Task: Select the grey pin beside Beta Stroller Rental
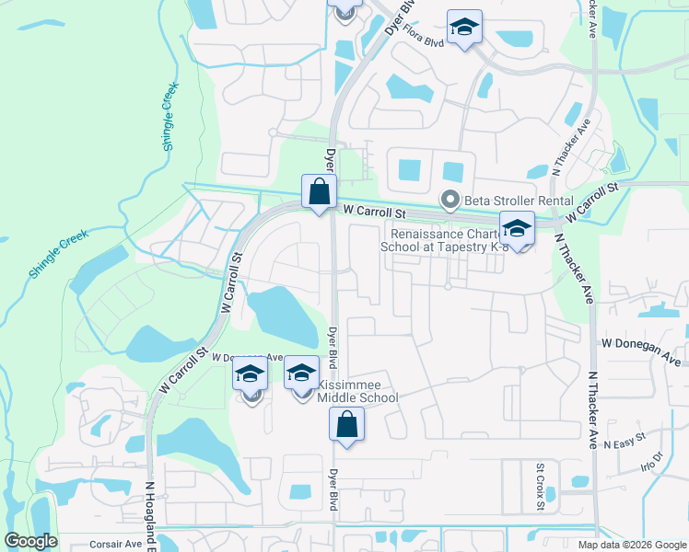pyautogui.click(x=450, y=199)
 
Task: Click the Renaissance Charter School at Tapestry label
pyautogui.click(x=445, y=240)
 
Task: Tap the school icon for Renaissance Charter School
pyautogui.click(x=517, y=229)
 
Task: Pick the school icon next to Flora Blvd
pyautogui.click(x=465, y=28)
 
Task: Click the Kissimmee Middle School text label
pyautogui.click(x=357, y=391)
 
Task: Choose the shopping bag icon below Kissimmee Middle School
pyautogui.click(x=346, y=425)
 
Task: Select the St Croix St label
pyautogui.click(x=541, y=488)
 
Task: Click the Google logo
pyautogui.click(x=30, y=542)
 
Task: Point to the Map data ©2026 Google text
pyautogui.click(x=631, y=545)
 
